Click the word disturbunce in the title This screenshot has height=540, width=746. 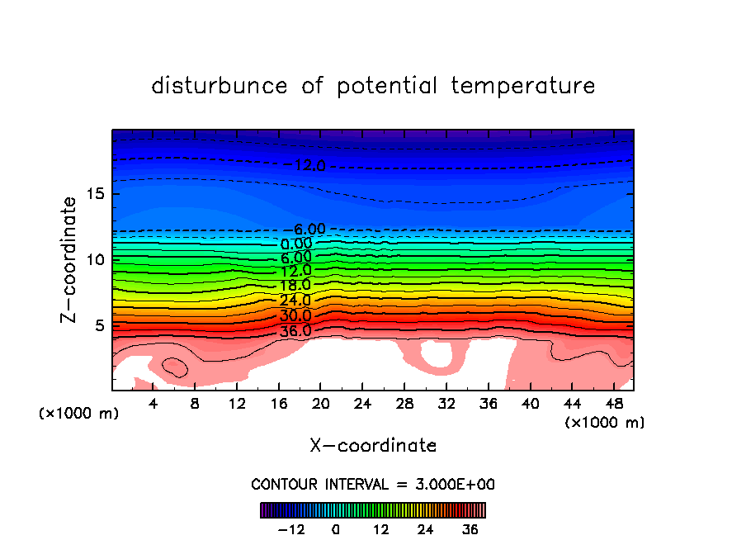coord(220,86)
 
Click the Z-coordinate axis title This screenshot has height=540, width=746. coord(71,259)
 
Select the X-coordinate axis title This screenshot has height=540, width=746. coord(373,446)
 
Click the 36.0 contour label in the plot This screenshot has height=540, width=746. coord(295,331)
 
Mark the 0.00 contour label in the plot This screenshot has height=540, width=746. coord(296,244)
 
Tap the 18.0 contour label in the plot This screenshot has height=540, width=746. coord(295,286)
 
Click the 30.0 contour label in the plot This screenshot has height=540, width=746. coord(295,316)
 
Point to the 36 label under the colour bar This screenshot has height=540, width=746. coord(470,529)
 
